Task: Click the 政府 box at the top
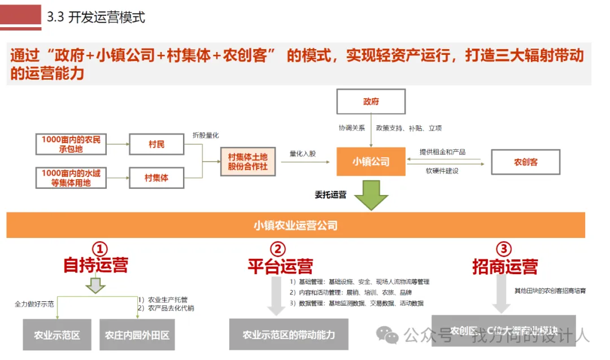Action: tap(371, 102)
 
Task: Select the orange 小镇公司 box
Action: tap(371, 162)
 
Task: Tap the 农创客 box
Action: tap(525, 162)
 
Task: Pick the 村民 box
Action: tap(156, 145)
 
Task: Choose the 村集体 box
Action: tap(156, 178)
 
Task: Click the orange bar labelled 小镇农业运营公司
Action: tap(295, 225)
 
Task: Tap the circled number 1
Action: tap(100, 249)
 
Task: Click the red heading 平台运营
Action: tap(280, 266)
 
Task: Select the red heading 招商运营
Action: tap(505, 266)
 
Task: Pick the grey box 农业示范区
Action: tap(57, 335)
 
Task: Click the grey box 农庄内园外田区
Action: tap(137, 335)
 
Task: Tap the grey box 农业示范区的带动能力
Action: tap(289, 335)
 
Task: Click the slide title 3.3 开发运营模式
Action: tap(95, 17)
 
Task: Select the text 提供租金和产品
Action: tap(442, 152)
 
